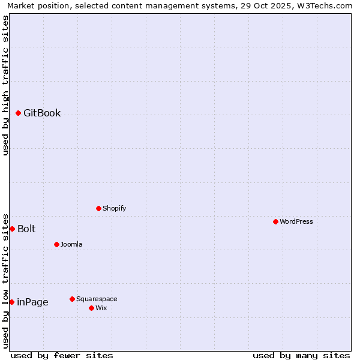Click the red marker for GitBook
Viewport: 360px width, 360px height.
click(19, 113)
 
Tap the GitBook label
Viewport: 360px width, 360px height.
click(42, 113)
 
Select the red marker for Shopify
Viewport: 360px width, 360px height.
click(99, 208)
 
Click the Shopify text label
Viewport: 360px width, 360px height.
click(114, 208)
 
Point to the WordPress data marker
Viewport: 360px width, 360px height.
click(275, 221)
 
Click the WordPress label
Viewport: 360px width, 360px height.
click(296, 221)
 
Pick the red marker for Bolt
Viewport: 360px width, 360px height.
click(12, 229)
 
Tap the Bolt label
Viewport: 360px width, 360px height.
click(26, 229)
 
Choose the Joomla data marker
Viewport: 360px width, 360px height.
click(57, 244)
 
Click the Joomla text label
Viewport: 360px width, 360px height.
click(71, 244)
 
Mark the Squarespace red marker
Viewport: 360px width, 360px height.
click(73, 299)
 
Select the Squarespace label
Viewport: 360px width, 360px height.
click(97, 299)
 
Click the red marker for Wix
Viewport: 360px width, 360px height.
click(92, 308)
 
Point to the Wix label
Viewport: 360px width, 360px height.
click(101, 308)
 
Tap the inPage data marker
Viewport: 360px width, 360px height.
click(12, 302)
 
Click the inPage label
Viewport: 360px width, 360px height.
click(32, 302)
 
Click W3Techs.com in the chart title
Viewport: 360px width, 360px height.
click(325, 6)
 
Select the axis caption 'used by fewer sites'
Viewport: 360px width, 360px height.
click(62, 355)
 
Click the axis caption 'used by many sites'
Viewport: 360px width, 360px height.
click(301, 355)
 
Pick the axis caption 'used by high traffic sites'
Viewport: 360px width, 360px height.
click(6, 85)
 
